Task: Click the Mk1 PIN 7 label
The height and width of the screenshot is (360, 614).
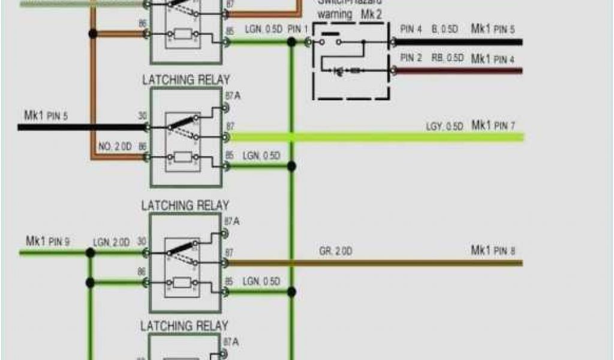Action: click(493, 125)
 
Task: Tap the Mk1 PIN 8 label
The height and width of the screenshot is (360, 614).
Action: click(493, 250)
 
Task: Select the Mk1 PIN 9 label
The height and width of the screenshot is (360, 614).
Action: click(47, 242)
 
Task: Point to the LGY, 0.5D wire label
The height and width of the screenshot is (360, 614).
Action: click(444, 127)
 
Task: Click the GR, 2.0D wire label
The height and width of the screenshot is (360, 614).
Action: click(335, 251)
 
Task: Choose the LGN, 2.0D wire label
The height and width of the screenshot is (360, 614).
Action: click(111, 242)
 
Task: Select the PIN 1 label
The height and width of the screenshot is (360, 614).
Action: click(297, 29)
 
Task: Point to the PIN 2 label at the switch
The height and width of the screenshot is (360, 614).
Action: click(411, 58)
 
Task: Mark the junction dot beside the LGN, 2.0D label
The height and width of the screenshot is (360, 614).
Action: click(90, 253)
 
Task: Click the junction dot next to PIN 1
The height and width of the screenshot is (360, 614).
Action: click(291, 42)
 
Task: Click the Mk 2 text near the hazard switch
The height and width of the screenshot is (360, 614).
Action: click(370, 13)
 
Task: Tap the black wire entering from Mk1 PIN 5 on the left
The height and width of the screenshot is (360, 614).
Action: click(78, 127)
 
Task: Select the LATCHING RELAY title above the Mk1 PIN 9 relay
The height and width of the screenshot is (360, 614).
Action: click(185, 206)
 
